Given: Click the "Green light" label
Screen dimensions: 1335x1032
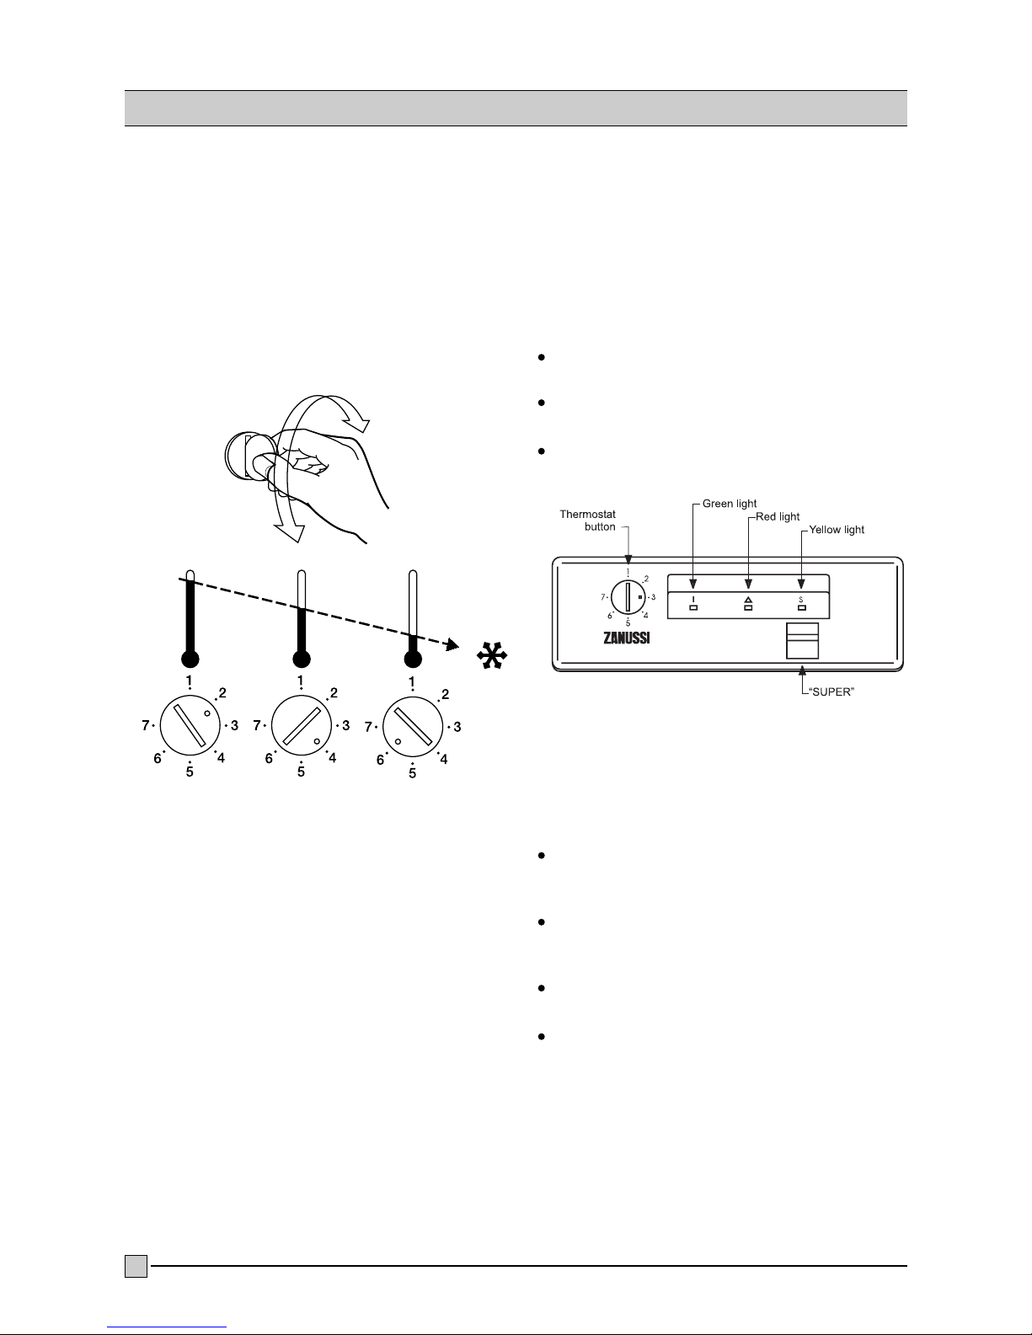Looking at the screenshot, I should tap(730, 505).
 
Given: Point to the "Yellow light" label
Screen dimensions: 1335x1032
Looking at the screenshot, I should tap(837, 530).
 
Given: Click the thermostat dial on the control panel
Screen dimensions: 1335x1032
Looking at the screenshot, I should tap(628, 597).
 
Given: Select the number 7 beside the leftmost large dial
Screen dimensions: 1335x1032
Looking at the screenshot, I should tap(145, 724).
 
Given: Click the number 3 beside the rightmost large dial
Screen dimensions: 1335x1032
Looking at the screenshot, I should tap(457, 726).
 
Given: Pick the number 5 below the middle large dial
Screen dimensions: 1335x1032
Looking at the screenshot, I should tap(301, 772).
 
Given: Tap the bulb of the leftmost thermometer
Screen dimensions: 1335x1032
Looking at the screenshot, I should tap(190, 659).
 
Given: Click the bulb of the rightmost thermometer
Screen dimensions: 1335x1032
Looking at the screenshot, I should tap(412, 659).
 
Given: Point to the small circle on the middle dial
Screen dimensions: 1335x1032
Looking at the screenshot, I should tap(317, 741).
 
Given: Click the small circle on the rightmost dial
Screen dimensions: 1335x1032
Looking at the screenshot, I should tap(398, 741).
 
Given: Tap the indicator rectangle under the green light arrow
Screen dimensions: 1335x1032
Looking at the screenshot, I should tap(693, 606).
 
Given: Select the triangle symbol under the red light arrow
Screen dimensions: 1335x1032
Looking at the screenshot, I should tap(748, 599).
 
